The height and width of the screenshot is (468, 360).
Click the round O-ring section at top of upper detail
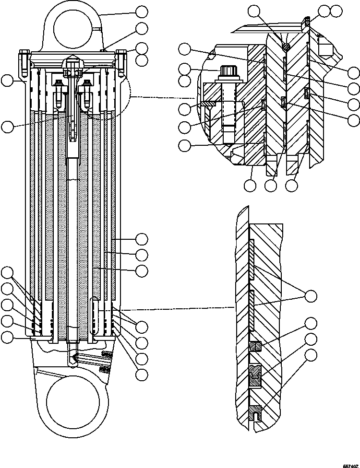(286, 47)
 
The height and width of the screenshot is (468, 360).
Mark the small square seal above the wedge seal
(255, 345)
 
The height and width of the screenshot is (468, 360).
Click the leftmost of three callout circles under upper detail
(250, 185)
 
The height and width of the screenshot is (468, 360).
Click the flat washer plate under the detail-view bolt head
(211, 102)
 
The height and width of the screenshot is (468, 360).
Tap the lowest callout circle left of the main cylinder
(7, 337)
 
